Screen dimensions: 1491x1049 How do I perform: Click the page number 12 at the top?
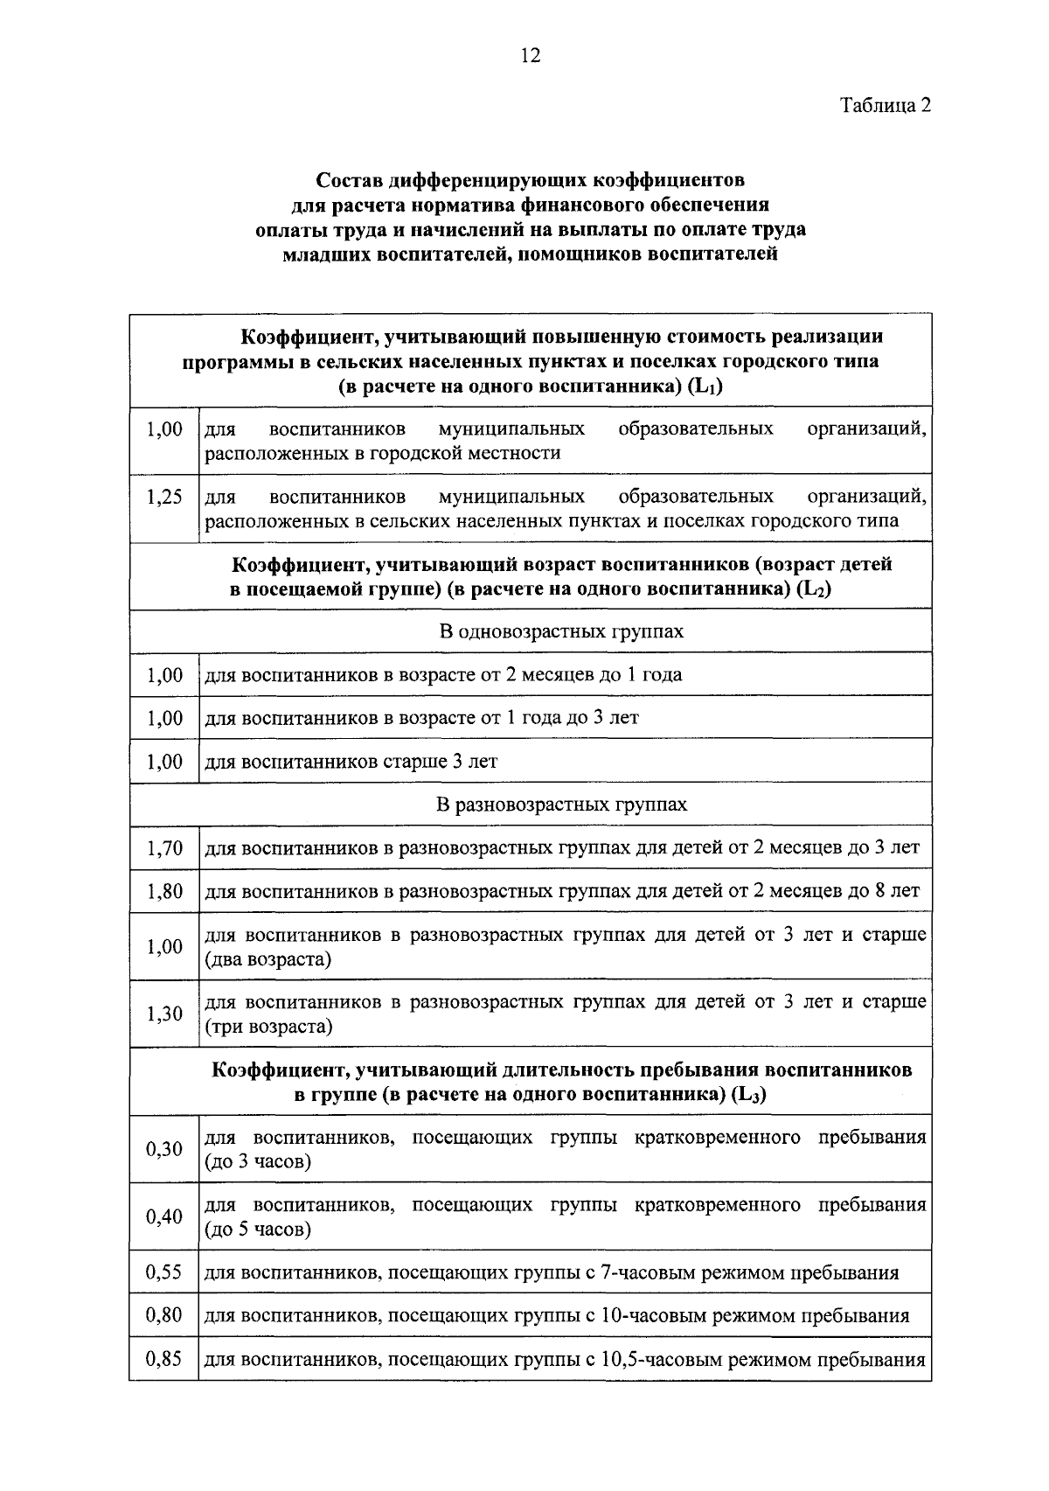point(530,57)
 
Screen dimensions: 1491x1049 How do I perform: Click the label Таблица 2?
point(885,106)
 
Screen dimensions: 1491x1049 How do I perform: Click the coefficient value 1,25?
point(164,497)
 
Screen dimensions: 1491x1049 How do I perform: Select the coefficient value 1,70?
point(164,847)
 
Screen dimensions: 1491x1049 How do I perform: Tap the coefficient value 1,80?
point(164,891)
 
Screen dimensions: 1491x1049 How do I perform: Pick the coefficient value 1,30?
point(164,1014)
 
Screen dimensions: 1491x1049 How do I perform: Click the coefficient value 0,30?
point(164,1149)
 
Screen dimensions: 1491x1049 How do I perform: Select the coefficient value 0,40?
point(164,1216)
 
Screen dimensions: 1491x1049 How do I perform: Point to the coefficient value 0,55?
point(164,1272)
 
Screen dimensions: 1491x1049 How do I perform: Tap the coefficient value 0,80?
point(164,1315)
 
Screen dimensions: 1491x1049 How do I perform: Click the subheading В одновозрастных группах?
point(561,631)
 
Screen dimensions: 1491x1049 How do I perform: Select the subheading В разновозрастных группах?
point(561,805)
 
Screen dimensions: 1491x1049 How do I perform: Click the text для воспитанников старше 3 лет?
point(351,762)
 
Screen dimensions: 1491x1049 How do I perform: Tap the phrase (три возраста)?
point(268,1027)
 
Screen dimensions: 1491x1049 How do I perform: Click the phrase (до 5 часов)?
point(258,1230)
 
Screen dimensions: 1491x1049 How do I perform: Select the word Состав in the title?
point(349,181)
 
